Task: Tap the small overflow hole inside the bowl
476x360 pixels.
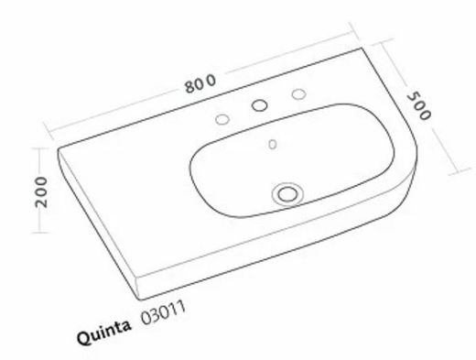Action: (x=271, y=144)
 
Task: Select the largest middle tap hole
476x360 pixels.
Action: (x=261, y=107)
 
